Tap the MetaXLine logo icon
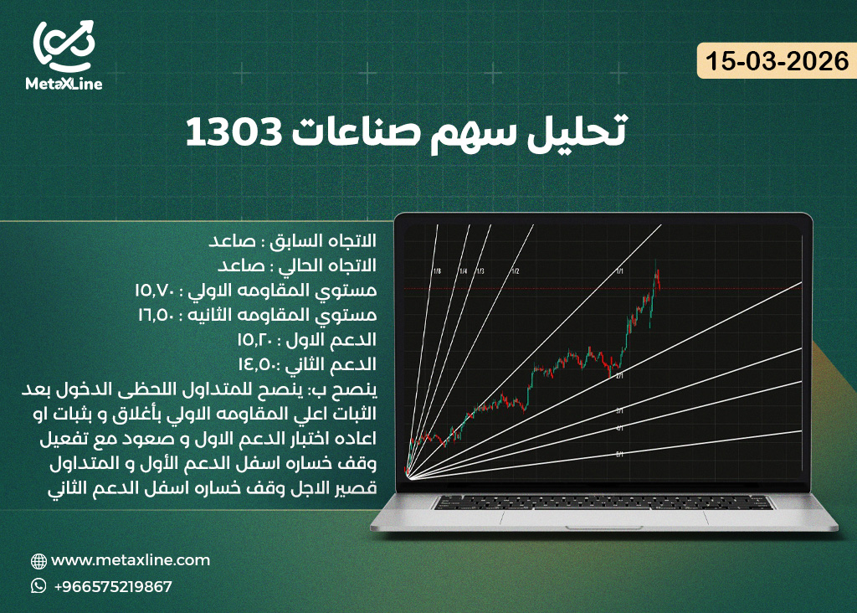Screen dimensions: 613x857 tap(64, 47)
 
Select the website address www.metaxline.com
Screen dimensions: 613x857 tap(131, 560)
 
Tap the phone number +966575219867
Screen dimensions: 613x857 tap(112, 587)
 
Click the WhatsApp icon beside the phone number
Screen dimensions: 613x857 tap(38, 586)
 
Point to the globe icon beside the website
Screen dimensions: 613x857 tap(38, 561)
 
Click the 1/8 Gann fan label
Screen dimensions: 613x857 tap(438, 271)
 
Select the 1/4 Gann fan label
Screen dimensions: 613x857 tap(462, 271)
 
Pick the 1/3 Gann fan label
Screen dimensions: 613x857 tap(480, 271)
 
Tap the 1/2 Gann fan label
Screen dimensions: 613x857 tap(516, 271)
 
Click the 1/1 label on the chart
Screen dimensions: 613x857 tap(619, 271)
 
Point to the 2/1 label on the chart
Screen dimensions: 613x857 tap(619, 377)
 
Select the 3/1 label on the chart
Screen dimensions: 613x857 tap(619, 410)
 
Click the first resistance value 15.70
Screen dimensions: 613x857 tap(155, 290)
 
